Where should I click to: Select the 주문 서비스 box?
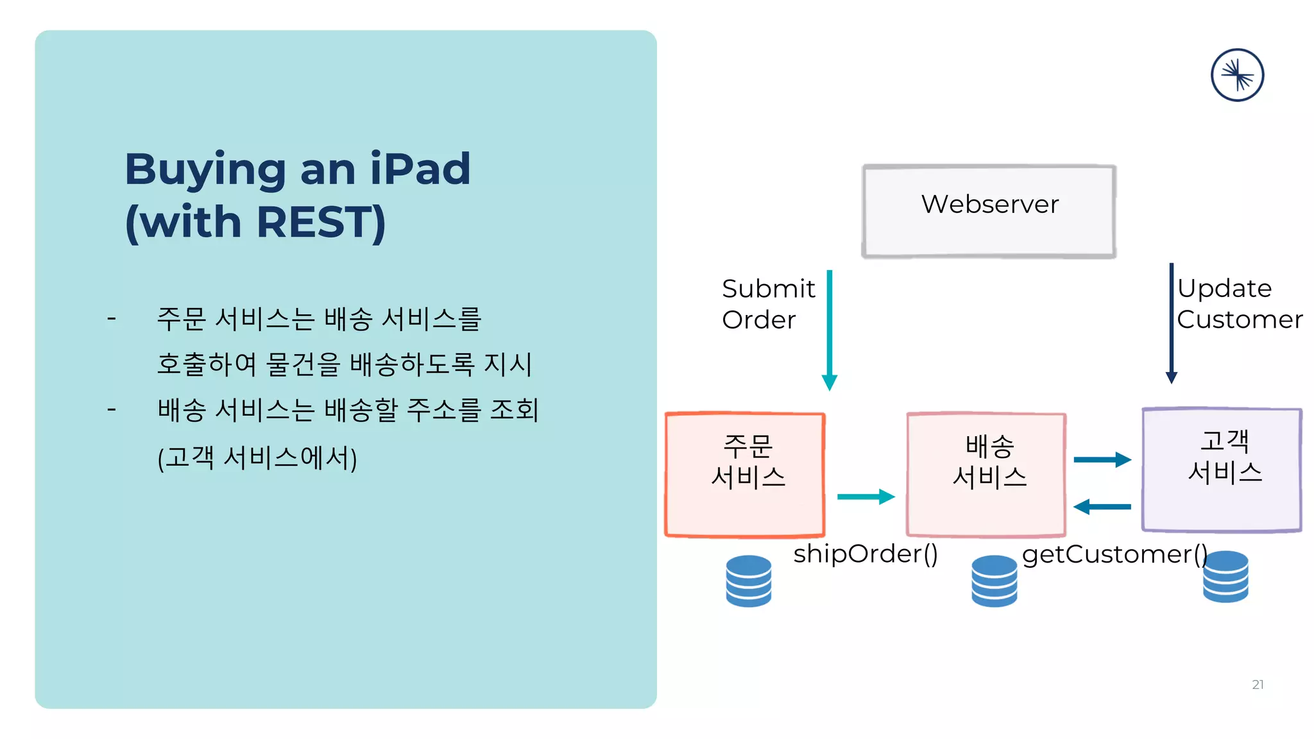pyautogui.click(x=745, y=475)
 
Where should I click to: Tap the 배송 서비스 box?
pyautogui.click(x=986, y=475)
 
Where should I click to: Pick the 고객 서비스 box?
pyautogui.click(x=1222, y=470)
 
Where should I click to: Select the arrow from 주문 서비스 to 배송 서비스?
pyautogui.click(x=865, y=497)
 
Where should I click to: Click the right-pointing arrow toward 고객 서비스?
pyautogui.click(x=1102, y=459)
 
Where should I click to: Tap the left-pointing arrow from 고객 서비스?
pyautogui.click(x=1102, y=507)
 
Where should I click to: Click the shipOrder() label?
pyautogui.click(x=865, y=554)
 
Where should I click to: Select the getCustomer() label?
pyautogui.click(x=1114, y=554)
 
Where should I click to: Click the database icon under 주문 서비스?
pyautogui.click(x=748, y=581)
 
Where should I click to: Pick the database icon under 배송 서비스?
pyautogui.click(x=994, y=581)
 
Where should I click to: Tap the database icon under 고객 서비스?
pyautogui.click(x=1225, y=577)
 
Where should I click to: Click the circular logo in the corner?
pyautogui.click(x=1237, y=75)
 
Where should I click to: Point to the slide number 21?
pyautogui.click(x=1258, y=684)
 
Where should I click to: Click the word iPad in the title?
pyautogui.click(x=420, y=169)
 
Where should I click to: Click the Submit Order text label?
pyautogui.click(x=768, y=304)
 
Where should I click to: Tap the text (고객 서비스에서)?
pyautogui.click(x=257, y=458)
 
